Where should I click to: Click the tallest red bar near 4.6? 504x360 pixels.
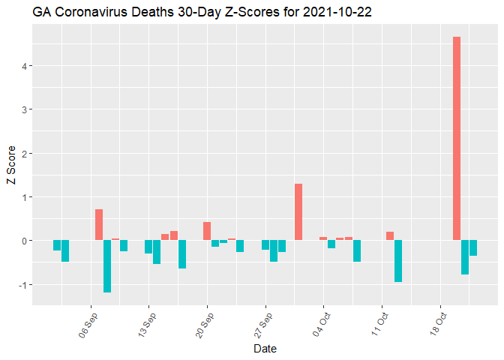[x=456, y=139]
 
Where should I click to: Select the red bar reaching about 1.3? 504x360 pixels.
[x=298, y=212]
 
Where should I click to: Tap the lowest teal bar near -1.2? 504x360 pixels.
[x=107, y=266]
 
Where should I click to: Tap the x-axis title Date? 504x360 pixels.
[x=265, y=349]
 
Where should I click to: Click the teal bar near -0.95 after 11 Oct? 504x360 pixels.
[x=398, y=261]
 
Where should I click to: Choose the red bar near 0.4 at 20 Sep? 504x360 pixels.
[x=207, y=231]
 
